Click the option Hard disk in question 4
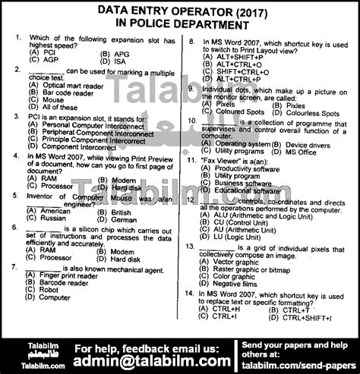125,186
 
